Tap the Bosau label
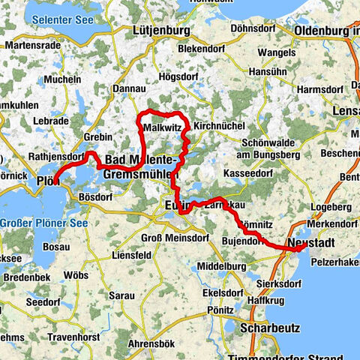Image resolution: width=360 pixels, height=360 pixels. [56, 245]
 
